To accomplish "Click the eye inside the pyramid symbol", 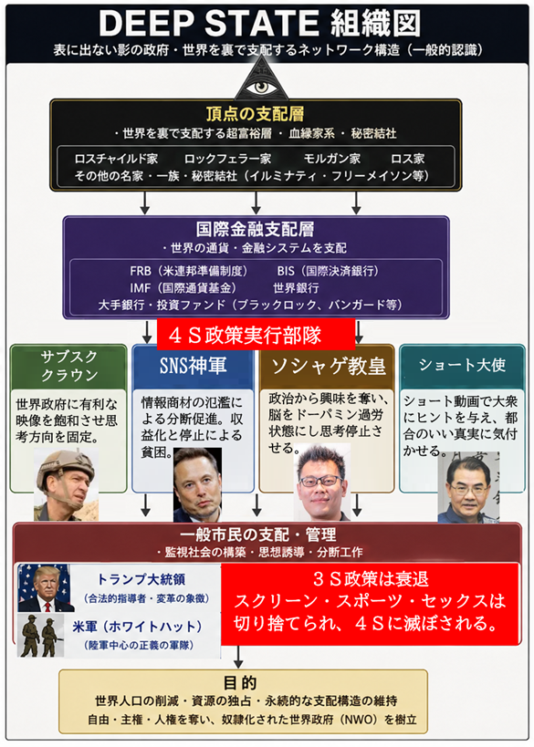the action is (260, 88).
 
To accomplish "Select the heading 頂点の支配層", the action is (255, 114).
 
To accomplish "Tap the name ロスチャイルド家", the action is (116, 159).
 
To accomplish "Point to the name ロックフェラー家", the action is (227, 159).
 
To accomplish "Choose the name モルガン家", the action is (332, 159).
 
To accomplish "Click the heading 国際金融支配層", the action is (255, 229).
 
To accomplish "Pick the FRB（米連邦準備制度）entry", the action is (189, 271).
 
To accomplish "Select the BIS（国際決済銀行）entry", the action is (328, 271).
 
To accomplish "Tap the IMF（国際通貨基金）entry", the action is (183, 287).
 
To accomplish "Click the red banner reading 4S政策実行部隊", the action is (256, 335).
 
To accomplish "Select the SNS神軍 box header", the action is (193, 366).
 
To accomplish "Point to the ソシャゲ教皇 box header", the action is (328, 366).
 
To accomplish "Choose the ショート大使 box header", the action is (462, 365).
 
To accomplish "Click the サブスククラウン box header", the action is (68, 366).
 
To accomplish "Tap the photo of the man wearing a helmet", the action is (66, 484).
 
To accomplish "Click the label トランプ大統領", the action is (141, 579).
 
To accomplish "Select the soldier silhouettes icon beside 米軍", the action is (41, 635).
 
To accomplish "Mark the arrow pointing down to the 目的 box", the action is (238, 657).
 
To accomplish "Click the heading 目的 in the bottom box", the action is (240, 682).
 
